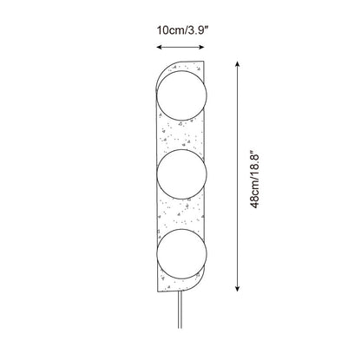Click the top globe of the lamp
[181, 95]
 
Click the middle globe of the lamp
[181, 174]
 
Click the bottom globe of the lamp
[181, 253]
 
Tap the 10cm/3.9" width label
[182, 30]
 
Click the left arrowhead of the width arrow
[159, 47]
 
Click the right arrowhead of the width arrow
[202, 47]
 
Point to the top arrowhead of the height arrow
[237, 64]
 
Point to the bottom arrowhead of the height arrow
[237, 288]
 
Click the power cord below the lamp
[180, 310]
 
